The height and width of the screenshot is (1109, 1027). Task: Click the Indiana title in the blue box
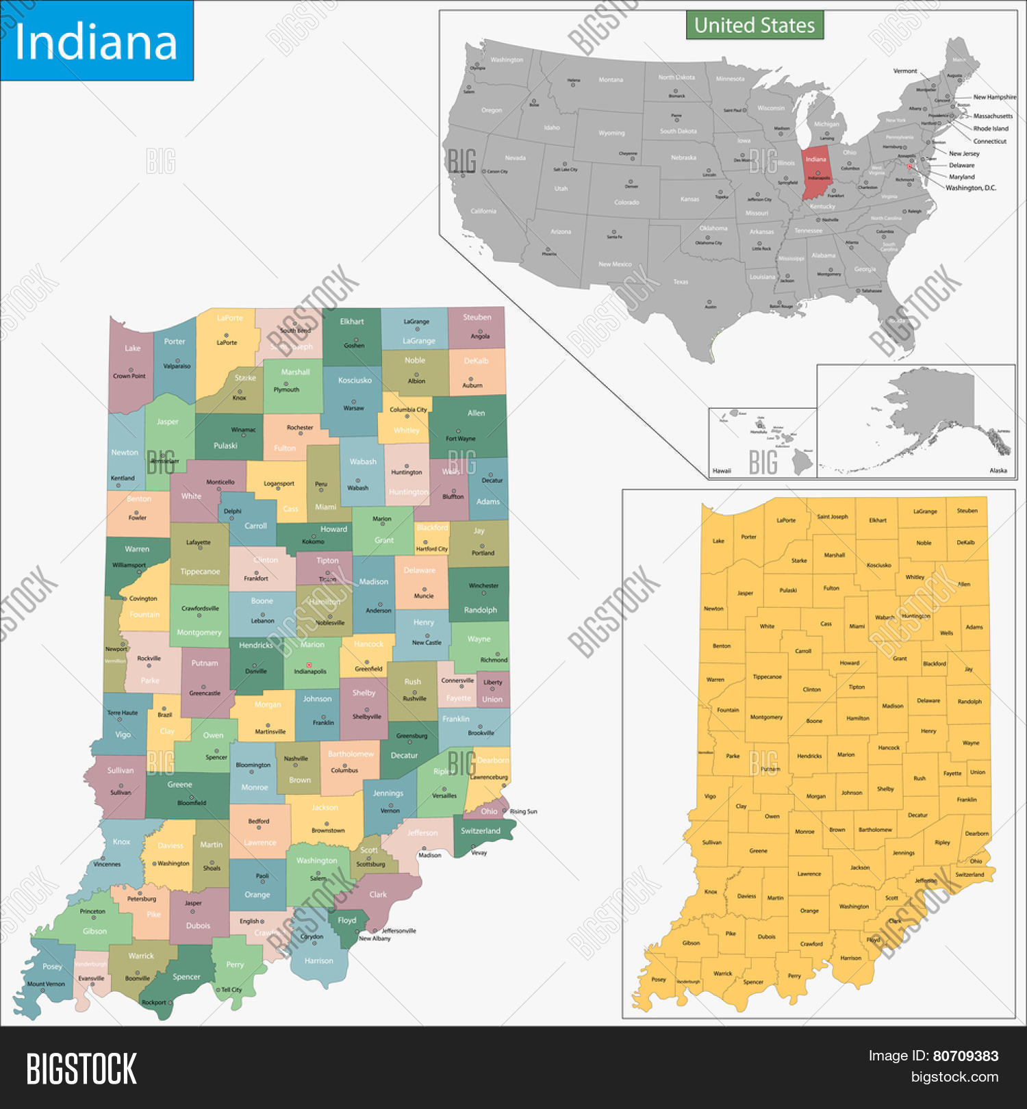click(x=96, y=42)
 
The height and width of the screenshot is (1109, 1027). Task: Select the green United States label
click(x=755, y=25)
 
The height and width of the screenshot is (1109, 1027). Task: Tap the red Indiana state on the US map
click(x=816, y=175)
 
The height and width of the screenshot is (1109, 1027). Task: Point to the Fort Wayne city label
click(x=460, y=439)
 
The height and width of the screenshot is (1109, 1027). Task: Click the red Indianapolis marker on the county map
click(x=309, y=665)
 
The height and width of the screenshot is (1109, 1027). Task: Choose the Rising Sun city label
click(x=523, y=812)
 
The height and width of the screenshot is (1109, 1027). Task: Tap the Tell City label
click(x=231, y=990)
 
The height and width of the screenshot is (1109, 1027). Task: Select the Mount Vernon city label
click(x=46, y=984)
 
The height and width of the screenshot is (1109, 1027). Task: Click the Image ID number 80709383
click(x=965, y=1056)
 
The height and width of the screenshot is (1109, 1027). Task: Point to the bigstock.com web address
click(x=954, y=1077)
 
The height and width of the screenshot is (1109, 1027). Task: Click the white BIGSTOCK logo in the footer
click(x=81, y=1069)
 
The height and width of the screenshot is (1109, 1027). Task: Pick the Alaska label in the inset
click(x=998, y=470)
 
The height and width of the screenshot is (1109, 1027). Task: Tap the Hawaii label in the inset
click(x=722, y=471)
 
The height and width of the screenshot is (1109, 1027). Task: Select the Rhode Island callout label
click(x=991, y=129)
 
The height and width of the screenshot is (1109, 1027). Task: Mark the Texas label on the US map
click(x=681, y=281)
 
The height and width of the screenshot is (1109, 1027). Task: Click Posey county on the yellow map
click(x=659, y=980)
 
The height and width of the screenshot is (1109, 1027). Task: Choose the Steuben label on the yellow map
click(x=967, y=511)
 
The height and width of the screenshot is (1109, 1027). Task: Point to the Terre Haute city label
click(x=123, y=713)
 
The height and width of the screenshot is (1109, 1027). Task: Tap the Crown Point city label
click(x=129, y=376)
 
